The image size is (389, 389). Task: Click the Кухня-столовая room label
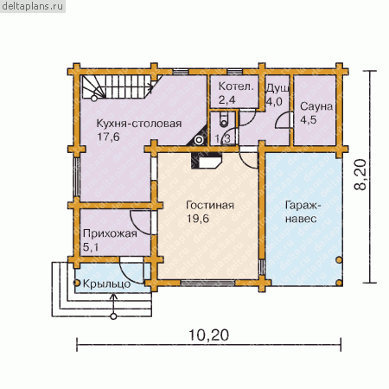[x=139, y=124]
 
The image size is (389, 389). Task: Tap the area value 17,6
[x=108, y=137]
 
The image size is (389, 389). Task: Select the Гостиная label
[x=210, y=205]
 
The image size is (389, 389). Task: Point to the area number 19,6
[x=198, y=219]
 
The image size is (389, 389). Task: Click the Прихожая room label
[x=110, y=233]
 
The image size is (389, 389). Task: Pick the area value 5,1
[x=91, y=247]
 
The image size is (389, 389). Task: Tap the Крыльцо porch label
[x=107, y=284]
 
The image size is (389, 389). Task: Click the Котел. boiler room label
[x=236, y=86]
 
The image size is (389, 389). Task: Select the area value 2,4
[x=226, y=100]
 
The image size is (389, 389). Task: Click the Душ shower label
[x=277, y=88]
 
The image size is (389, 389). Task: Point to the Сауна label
[x=316, y=106]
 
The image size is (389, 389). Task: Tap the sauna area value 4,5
[x=309, y=119]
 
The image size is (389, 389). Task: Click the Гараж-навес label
[x=302, y=212]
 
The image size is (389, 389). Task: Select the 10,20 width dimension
[x=209, y=335]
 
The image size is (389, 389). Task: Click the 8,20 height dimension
[x=360, y=175]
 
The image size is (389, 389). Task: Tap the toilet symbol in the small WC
[x=224, y=119]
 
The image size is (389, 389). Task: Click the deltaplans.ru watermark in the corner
[x=33, y=6]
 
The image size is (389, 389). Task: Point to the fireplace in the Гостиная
[x=207, y=161]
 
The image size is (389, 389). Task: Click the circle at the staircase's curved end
[x=94, y=99]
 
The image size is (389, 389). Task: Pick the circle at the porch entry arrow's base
[x=113, y=316]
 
